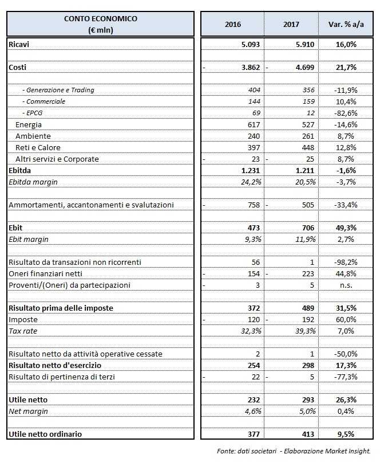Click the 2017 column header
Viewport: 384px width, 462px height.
click(x=291, y=25)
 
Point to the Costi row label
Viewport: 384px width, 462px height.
click(x=18, y=67)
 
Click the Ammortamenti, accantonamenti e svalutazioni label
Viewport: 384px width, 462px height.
click(x=91, y=205)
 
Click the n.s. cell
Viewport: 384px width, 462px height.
click(x=349, y=285)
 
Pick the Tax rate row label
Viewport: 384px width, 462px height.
click(x=22, y=331)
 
